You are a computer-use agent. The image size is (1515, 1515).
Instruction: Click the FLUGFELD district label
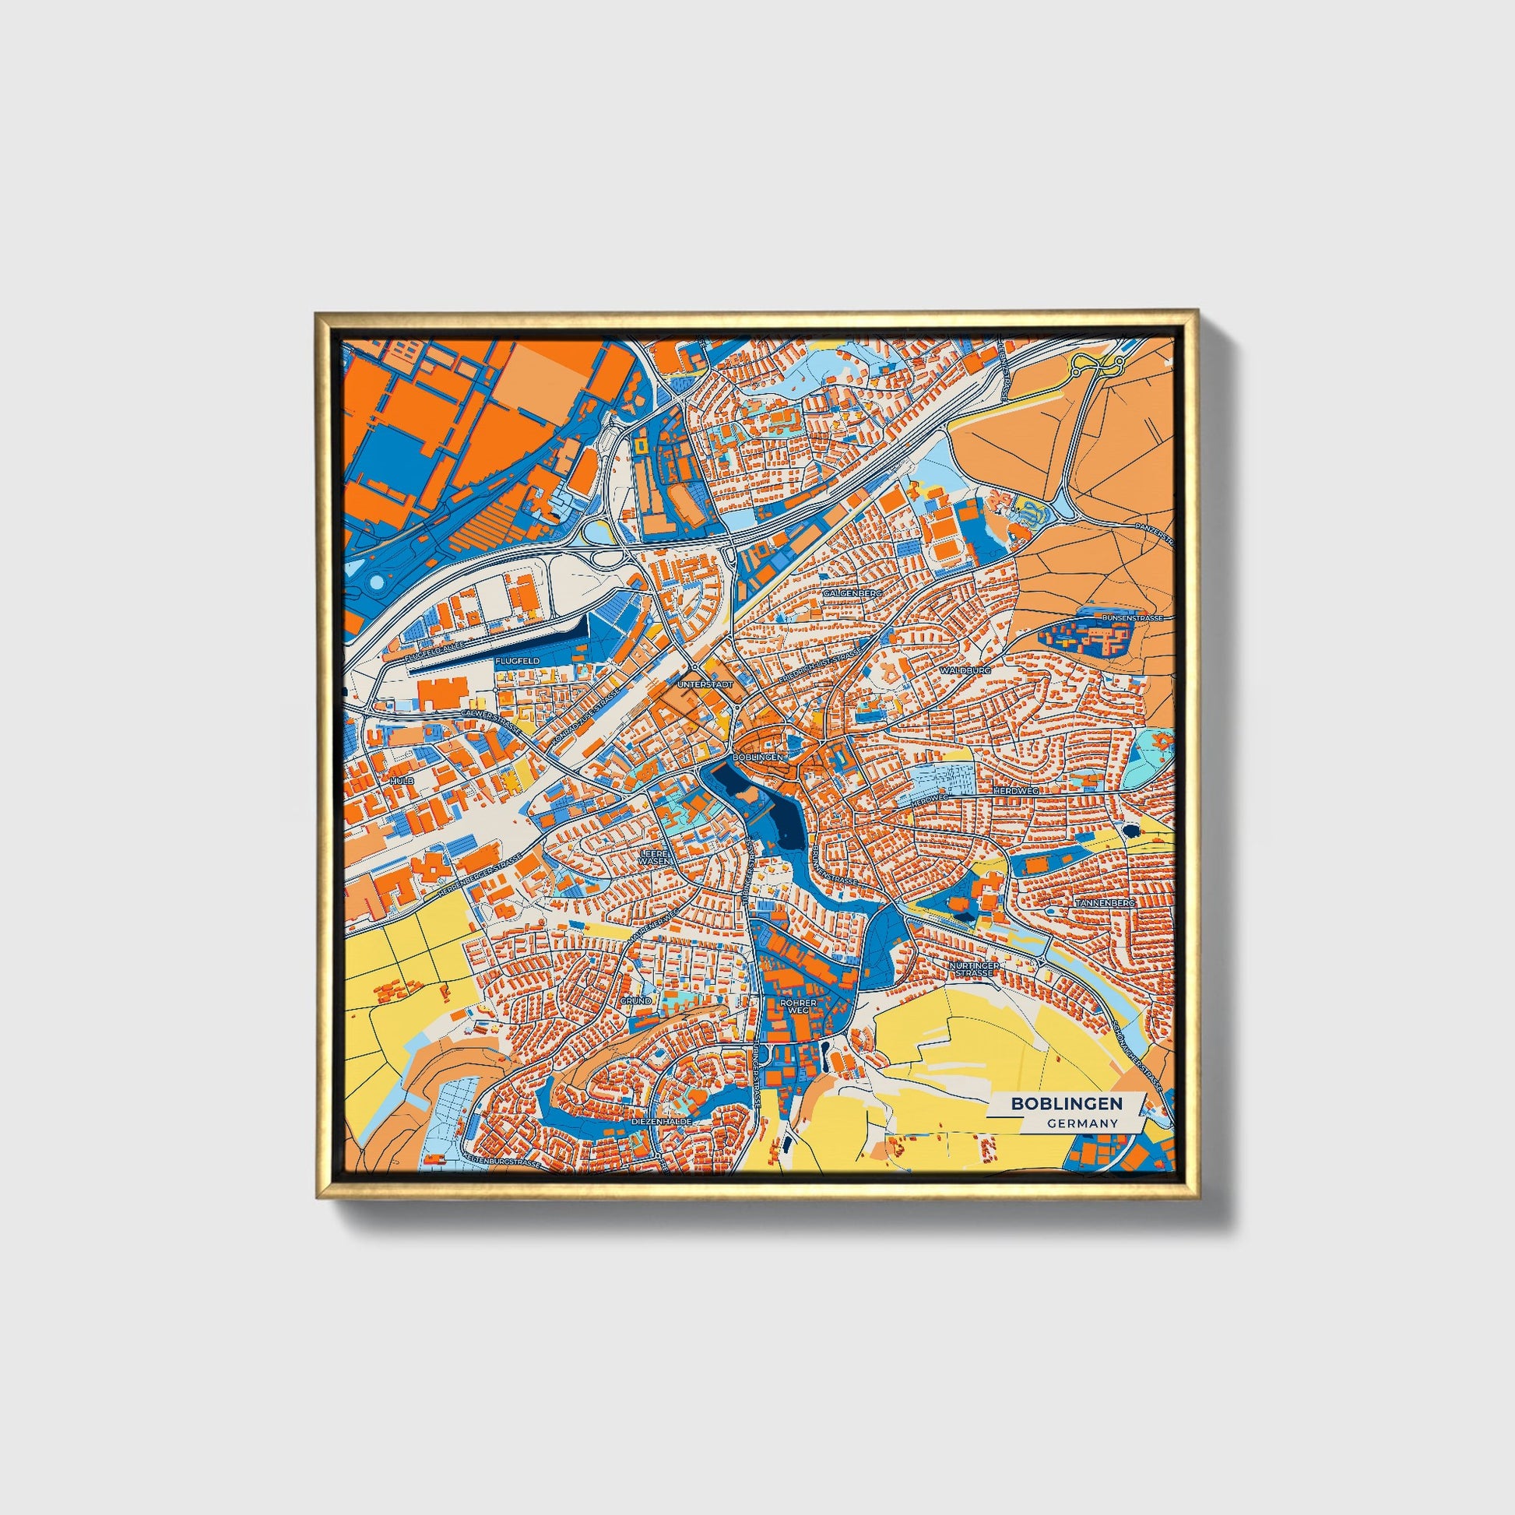click(517, 661)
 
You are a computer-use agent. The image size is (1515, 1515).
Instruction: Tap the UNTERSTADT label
click(705, 684)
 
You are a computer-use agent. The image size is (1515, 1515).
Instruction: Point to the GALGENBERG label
click(853, 593)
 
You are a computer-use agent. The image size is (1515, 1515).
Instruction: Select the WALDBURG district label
click(966, 671)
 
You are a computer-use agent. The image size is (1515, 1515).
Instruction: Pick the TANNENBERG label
click(1106, 903)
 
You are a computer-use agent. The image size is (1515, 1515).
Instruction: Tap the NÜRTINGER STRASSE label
click(973, 970)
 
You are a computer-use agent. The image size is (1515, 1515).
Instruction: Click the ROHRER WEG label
click(803, 1006)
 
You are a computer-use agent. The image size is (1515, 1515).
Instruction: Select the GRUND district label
click(635, 1001)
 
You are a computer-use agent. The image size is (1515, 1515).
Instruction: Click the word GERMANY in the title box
click(1081, 1123)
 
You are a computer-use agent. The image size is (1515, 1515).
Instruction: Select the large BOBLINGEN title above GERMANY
click(1066, 1103)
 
